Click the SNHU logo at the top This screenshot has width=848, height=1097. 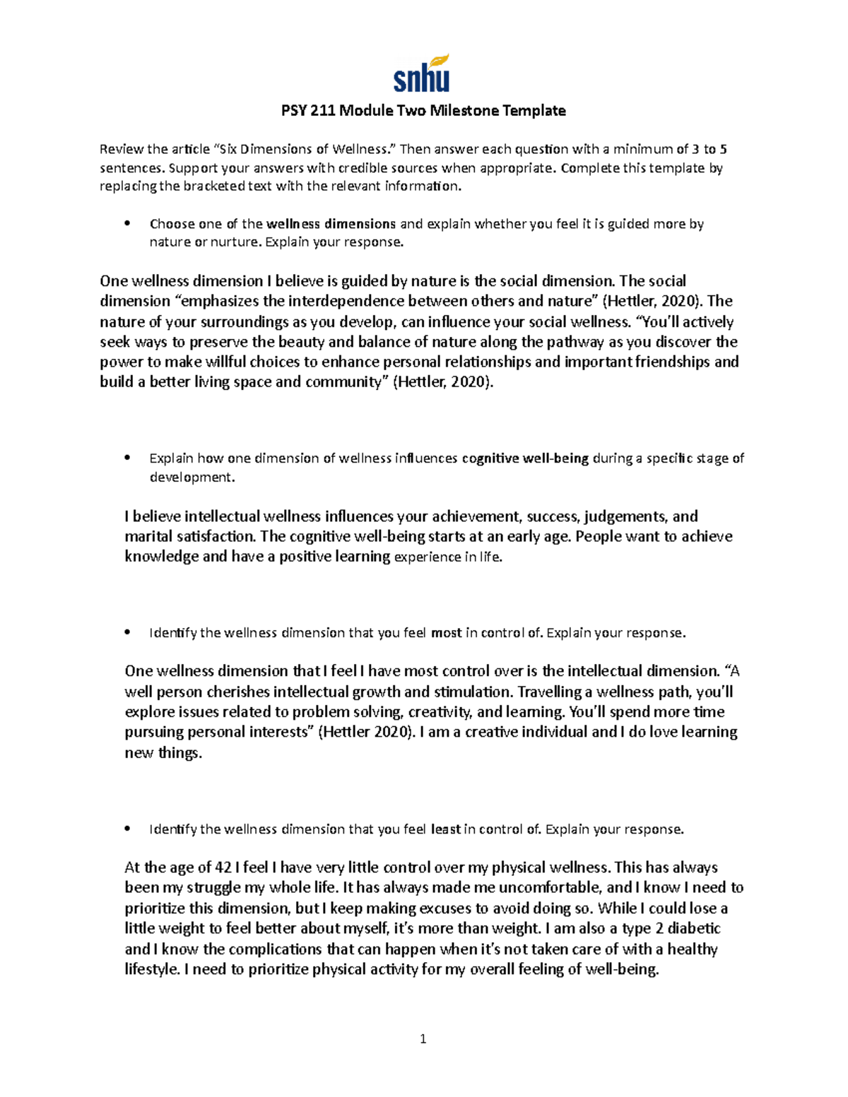(x=422, y=73)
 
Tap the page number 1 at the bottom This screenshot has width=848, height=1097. (x=423, y=1039)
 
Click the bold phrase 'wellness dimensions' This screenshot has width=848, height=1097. (x=331, y=224)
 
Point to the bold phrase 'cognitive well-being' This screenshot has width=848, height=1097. (x=525, y=458)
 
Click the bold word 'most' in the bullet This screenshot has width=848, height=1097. (x=446, y=633)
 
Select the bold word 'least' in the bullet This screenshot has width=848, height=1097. (x=445, y=829)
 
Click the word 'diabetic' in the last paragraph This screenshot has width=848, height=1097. (x=692, y=928)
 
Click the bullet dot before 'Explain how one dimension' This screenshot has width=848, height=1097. (x=127, y=458)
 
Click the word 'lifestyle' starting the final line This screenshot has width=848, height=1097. (x=151, y=969)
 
